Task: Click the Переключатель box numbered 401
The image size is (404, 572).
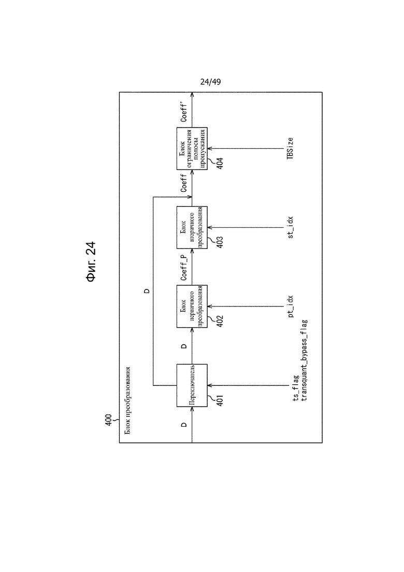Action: [192, 385]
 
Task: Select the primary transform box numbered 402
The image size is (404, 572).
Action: [192, 306]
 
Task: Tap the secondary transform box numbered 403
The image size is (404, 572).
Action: [192, 228]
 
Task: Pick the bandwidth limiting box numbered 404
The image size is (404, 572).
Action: [192, 148]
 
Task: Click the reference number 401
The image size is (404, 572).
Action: [220, 400]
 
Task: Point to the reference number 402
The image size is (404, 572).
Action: [220, 321]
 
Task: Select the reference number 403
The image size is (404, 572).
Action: [220, 242]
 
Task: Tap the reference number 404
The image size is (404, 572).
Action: [220, 163]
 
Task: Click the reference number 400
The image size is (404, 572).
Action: [109, 420]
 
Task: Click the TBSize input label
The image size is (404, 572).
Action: [290, 148]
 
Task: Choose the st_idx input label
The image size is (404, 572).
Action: [291, 228]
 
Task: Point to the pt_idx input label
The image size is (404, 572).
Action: [291, 306]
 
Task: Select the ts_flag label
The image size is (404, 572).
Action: [296, 388]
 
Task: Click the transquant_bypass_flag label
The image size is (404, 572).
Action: [304, 360]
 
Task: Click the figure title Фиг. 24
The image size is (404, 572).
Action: [90, 261]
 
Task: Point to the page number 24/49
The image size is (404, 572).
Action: [211, 82]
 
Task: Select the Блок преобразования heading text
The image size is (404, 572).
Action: [127, 400]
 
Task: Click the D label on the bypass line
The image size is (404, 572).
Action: [147, 291]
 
